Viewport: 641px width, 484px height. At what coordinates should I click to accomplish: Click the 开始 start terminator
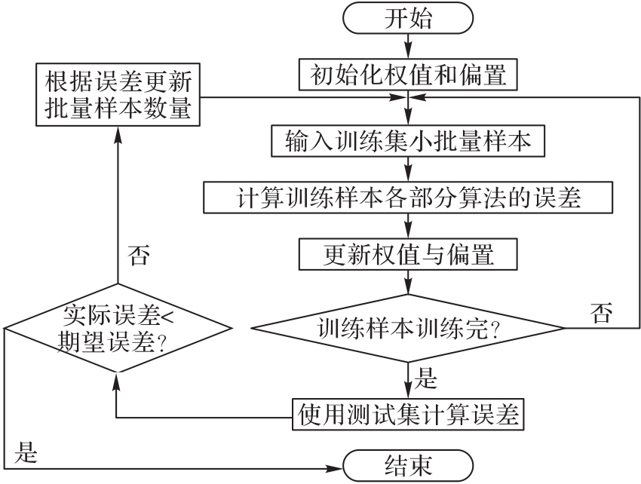(408, 20)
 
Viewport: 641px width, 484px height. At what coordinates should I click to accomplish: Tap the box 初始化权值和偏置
(408, 75)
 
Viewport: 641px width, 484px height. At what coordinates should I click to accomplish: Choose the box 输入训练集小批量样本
(408, 141)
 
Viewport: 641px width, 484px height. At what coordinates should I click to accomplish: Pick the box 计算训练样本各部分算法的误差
(408, 197)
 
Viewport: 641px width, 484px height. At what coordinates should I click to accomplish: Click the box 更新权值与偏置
(408, 254)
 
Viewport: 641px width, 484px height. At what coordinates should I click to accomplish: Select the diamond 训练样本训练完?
(408, 329)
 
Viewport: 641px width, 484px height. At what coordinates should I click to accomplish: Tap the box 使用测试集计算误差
(408, 414)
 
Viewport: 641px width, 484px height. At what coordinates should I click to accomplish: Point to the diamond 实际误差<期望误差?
(116, 329)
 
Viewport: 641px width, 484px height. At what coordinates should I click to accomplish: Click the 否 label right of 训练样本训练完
(601, 311)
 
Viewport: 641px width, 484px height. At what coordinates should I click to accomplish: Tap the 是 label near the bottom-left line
(27, 453)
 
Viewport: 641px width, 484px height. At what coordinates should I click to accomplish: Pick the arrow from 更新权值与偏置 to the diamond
(408, 283)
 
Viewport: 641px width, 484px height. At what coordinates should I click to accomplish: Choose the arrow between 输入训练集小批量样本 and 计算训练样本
(408, 169)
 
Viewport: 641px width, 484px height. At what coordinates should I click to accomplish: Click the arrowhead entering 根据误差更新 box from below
(116, 130)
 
